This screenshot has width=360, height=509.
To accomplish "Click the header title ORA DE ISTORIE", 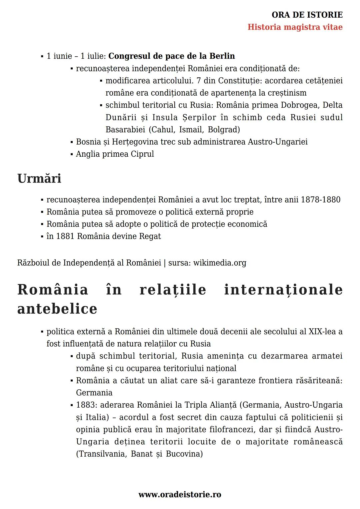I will pos(307,15).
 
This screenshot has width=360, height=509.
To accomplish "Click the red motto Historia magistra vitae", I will pos(295,27).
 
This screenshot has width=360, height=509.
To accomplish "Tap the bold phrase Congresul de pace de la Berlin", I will pos(172,56).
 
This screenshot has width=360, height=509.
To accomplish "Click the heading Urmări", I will pos(39,178).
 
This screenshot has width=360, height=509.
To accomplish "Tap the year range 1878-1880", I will pos(320,200).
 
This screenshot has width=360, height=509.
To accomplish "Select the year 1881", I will pos(65,236).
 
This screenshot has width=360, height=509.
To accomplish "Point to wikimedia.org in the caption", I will pos(220,263).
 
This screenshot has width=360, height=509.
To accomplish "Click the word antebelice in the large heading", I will pos(57,309).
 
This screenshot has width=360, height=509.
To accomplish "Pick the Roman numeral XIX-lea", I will pos(322,332).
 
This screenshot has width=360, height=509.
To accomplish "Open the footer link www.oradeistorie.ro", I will pos(180,495).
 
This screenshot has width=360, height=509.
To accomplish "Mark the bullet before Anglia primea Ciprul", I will pos(72,154).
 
